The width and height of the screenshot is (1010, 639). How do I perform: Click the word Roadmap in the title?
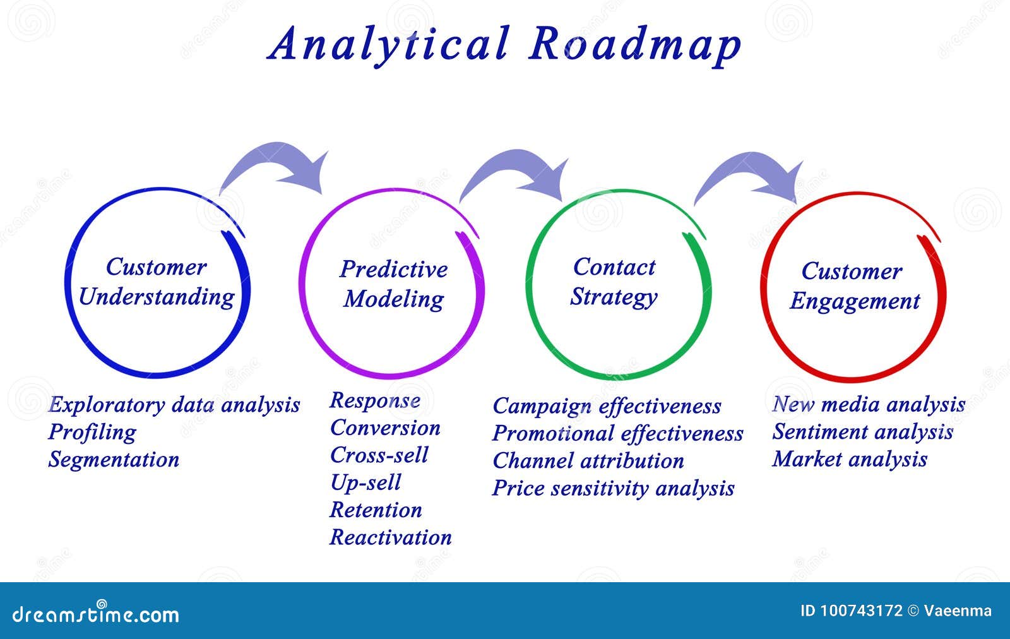(x=635, y=44)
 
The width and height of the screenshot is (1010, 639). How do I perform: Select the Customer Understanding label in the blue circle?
(x=156, y=282)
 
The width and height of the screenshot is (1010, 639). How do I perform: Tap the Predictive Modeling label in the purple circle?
(x=393, y=284)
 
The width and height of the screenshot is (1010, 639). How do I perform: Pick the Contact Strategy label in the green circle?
(x=614, y=282)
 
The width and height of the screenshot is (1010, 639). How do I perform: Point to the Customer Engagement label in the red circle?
(x=853, y=286)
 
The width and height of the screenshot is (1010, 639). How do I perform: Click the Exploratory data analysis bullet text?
(x=174, y=405)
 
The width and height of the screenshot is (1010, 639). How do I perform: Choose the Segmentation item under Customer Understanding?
(x=114, y=460)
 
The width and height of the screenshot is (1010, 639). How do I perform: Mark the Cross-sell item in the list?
(x=379, y=455)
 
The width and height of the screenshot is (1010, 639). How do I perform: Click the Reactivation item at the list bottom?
(x=391, y=537)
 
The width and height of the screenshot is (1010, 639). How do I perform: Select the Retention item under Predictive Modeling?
(x=376, y=510)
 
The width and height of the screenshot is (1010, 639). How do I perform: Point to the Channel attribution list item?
(x=588, y=461)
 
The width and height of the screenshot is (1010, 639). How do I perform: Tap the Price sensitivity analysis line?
(x=613, y=488)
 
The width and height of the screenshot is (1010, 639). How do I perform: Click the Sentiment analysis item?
(x=862, y=432)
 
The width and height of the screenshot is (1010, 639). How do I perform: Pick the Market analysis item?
(x=850, y=459)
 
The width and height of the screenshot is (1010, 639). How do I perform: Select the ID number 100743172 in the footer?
(x=861, y=611)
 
